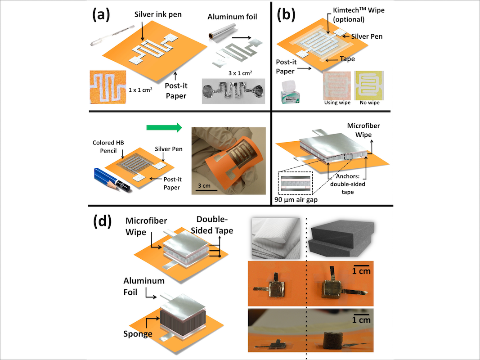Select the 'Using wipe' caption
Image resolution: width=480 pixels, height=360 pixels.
click(336, 103)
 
